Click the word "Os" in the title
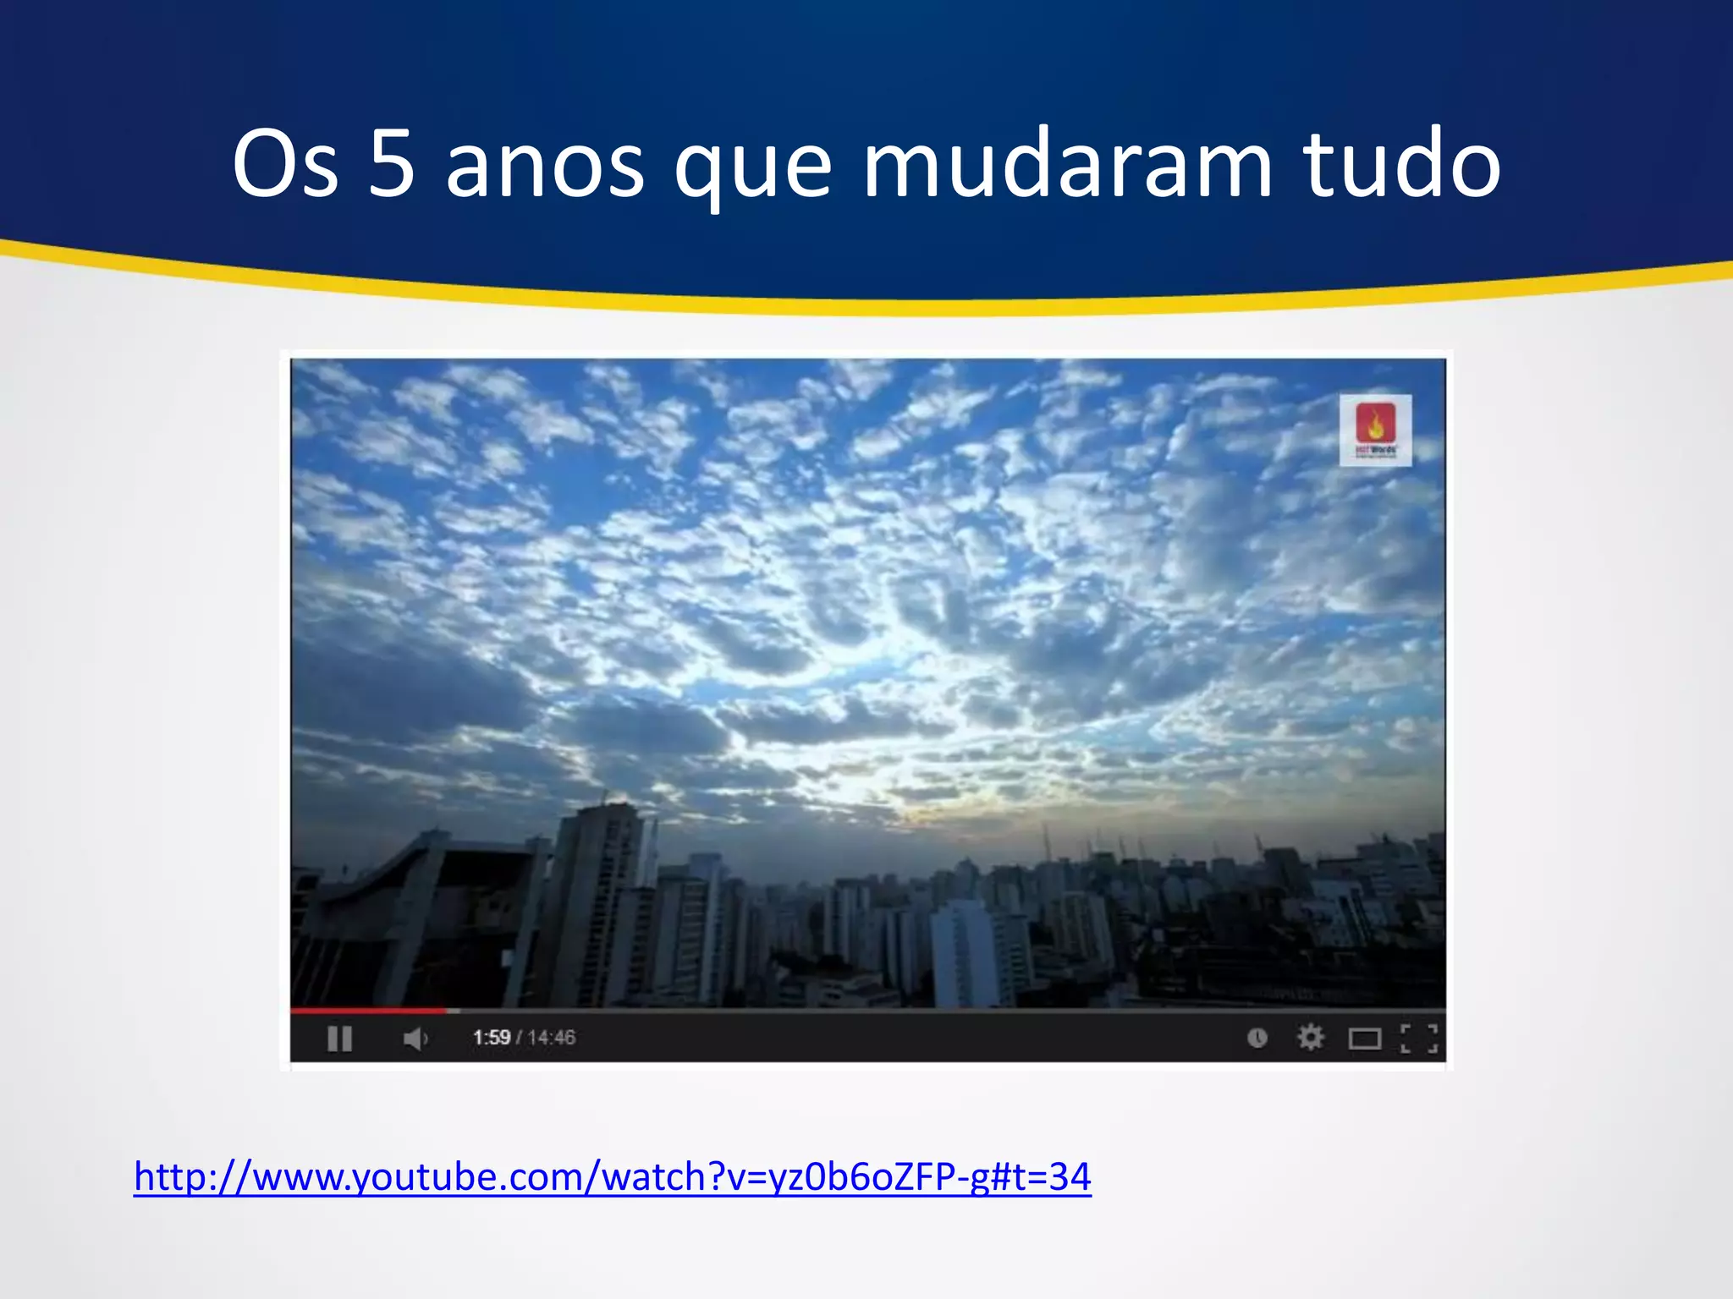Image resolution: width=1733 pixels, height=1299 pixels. (x=285, y=165)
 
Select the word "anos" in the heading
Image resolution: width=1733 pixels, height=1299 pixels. (x=545, y=165)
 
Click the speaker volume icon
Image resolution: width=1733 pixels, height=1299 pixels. (x=415, y=1038)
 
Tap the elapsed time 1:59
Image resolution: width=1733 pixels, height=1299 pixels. (x=492, y=1038)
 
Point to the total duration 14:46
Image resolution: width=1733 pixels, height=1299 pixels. (x=552, y=1038)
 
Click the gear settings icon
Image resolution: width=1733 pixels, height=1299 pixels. (x=1311, y=1037)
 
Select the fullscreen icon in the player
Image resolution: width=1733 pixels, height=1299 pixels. (x=1419, y=1038)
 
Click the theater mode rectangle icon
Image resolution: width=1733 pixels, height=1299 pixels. (x=1364, y=1038)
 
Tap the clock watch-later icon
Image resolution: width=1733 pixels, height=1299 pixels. (x=1257, y=1038)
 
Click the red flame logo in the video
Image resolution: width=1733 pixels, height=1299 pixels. (x=1375, y=423)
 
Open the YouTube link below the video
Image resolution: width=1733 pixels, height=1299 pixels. (x=613, y=1177)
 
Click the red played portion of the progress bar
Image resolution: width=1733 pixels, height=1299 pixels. (x=368, y=1010)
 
